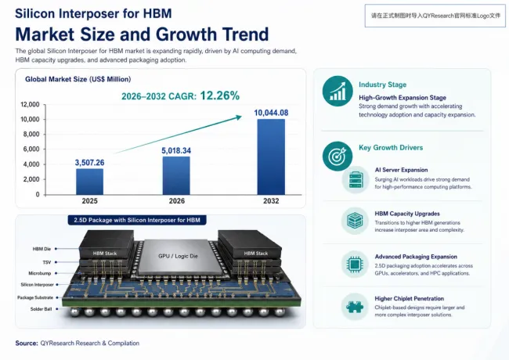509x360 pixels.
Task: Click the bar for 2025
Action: click(89, 182)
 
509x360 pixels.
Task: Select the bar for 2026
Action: click(176, 176)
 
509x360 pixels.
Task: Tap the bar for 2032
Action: click(271, 157)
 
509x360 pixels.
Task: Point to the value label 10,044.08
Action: click(271, 113)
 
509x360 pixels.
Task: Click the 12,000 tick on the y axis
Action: click(30, 104)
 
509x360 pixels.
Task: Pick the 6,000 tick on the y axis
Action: click(31, 149)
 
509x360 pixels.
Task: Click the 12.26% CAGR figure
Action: click(220, 95)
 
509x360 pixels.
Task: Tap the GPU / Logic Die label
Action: click(178, 256)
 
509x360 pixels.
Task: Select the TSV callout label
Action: click(47, 262)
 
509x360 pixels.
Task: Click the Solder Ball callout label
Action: click(41, 309)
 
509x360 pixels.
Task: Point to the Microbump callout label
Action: click(40, 273)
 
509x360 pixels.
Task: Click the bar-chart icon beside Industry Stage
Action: click(338, 91)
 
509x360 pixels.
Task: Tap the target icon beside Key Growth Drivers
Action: click(338, 156)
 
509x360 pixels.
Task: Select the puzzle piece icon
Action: click(355, 307)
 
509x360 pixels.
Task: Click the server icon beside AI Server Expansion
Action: click(356, 179)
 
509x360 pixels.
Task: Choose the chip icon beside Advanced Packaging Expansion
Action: click(355, 265)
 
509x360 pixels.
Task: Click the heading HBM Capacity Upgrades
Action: click(407, 214)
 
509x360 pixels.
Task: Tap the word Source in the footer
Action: click(27, 343)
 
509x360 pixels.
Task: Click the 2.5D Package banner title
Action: click(137, 220)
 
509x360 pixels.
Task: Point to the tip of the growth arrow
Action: click(242, 116)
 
